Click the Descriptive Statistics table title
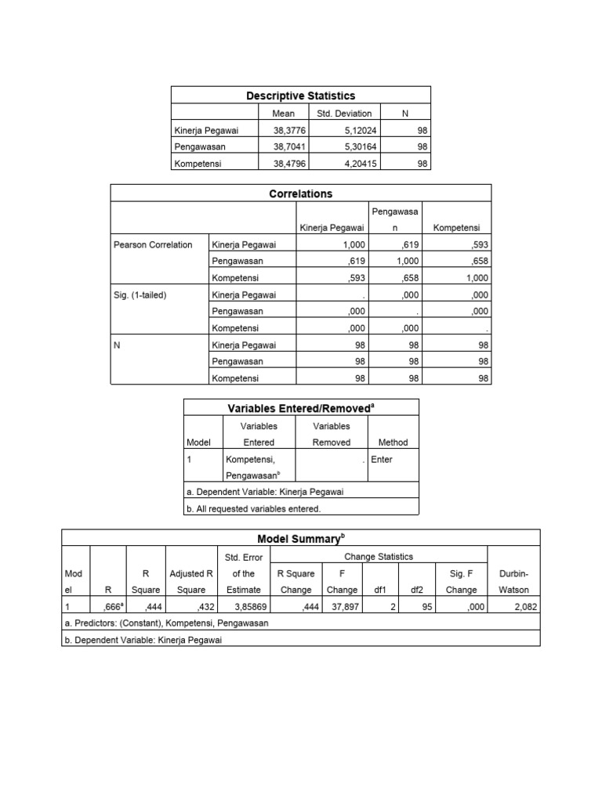(300, 96)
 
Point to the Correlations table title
(300, 193)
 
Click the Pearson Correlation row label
(153, 245)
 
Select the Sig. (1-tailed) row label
(141, 294)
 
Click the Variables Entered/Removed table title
(300, 407)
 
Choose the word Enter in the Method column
(382, 460)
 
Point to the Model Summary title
(300, 539)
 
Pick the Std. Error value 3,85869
(243, 607)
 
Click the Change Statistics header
(378, 557)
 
